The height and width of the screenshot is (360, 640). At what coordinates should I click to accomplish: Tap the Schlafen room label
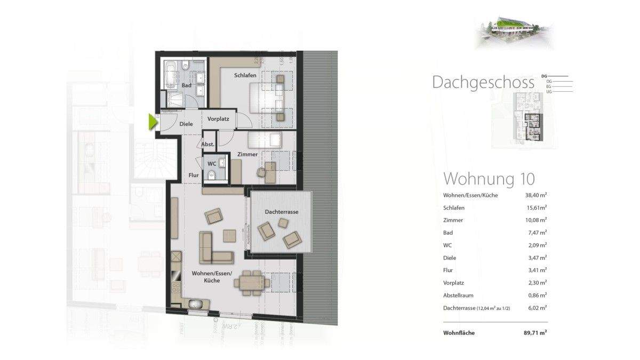(x=245, y=76)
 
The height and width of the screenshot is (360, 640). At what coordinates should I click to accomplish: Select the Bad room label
(x=186, y=85)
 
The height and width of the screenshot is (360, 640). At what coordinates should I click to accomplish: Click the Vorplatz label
(x=218, y=119)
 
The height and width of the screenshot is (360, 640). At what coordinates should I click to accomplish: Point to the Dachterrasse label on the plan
(x=281, y=212)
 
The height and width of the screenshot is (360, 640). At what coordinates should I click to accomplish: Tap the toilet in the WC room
(x=212, y=175)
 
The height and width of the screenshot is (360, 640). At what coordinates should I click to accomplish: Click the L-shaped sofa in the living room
(x=213, y=248)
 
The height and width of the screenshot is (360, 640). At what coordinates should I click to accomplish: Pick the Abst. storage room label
(x=208, y=145)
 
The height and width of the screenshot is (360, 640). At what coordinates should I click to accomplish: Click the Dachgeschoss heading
(x=483, y=83)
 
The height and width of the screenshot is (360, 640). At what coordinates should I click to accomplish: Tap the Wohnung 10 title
(x=489, y=178)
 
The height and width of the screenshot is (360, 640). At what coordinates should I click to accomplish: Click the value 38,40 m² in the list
(x=536, y=195)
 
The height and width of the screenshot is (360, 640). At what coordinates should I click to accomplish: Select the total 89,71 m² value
(x=535, y=333)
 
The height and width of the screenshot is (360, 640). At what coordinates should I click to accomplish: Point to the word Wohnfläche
(x=458, y=333)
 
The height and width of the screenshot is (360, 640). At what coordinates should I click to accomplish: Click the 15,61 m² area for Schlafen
(x=536, y=207)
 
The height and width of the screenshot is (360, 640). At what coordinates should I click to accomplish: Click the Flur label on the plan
(x=194, y=174)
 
